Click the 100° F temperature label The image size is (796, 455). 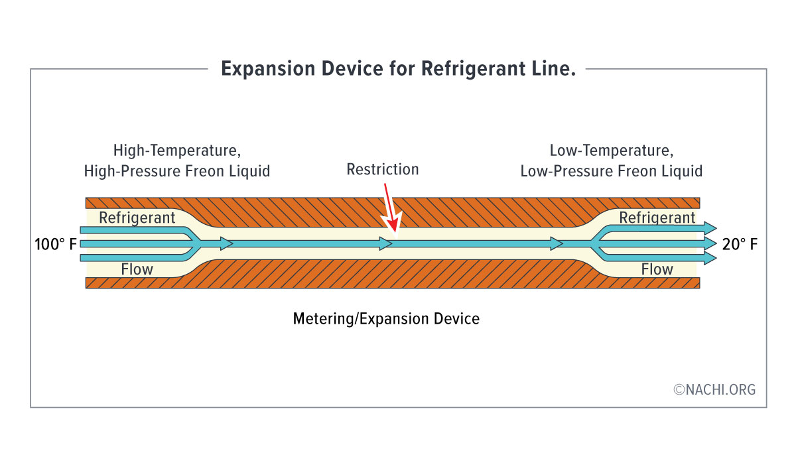click(56, 245)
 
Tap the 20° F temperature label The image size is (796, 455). click(740, 245)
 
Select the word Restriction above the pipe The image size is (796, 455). click(383, 169)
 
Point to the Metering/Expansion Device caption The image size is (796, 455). click(386, 319)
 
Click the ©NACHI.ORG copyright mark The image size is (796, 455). click(714, 390)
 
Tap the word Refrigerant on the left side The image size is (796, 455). click(137, 218)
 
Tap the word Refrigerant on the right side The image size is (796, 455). click(657, 218)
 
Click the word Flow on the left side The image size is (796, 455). click(137, 269)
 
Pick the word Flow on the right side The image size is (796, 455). click(657, 269)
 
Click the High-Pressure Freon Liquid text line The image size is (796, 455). click(177, 171)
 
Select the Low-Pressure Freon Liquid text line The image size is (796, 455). click(611, 171)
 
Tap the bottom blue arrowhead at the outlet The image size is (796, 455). click(710, 259)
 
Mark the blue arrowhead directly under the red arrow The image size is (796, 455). click(387, 244)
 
